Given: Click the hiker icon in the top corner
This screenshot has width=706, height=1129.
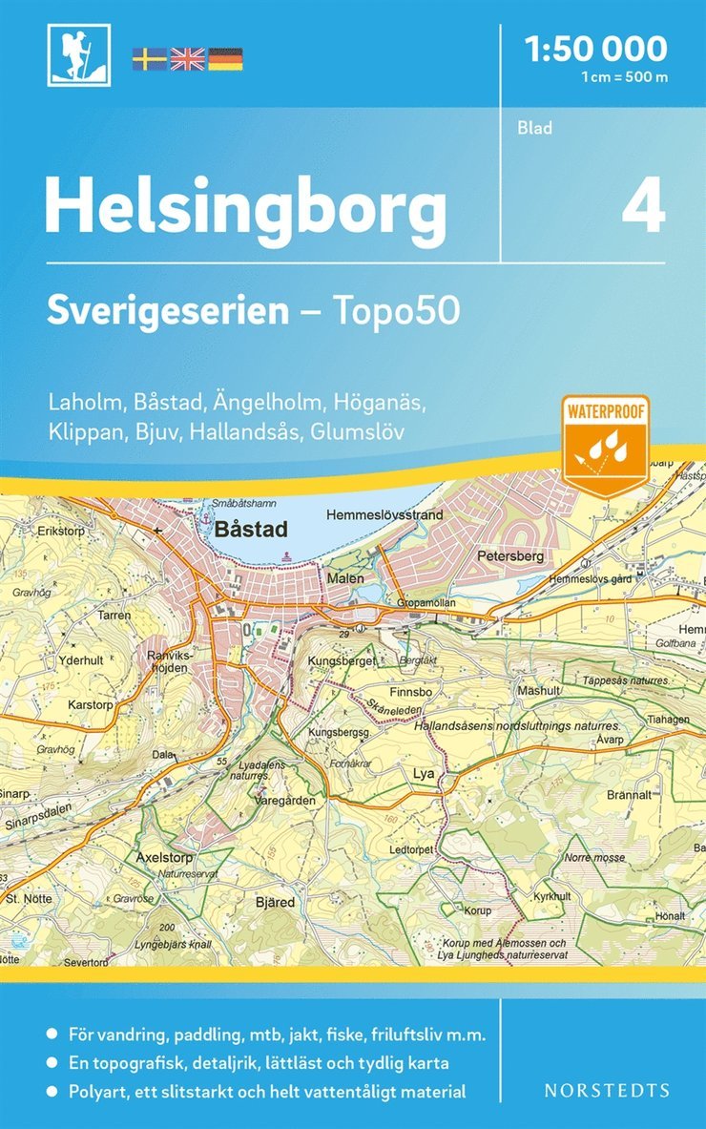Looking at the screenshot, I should coord(79,55).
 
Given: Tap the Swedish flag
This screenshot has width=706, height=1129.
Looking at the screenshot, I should coord(149,59).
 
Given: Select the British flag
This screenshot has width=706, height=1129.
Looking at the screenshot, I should coord(187,59).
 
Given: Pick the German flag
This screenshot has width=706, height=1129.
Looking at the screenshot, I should coord(225,59).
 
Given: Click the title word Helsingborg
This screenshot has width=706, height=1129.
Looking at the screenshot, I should coord(245,208).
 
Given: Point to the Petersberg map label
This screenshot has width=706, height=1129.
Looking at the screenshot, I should coord(509,555).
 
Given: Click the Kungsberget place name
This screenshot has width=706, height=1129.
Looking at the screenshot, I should coord(341,659).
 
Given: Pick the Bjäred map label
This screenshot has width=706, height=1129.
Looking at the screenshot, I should coord(275,901).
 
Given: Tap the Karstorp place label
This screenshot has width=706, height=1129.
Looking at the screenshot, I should coord(92,703).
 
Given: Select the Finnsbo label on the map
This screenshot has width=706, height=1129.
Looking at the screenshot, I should coord(411,689).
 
